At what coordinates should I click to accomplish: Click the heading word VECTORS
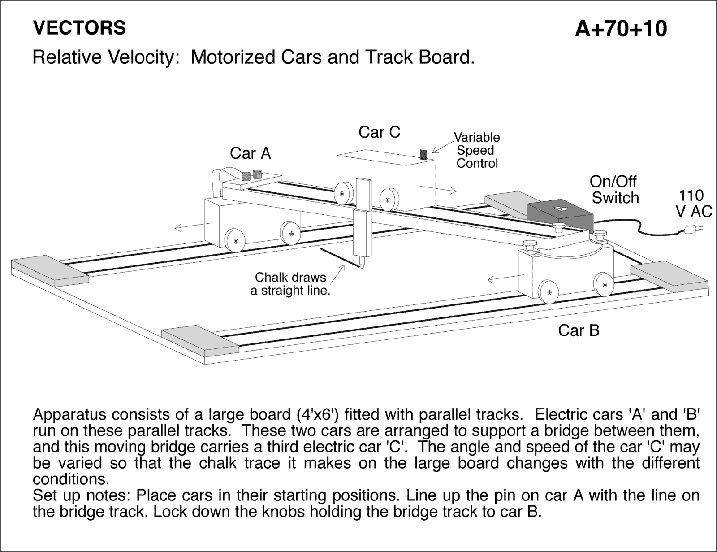pos(79,28)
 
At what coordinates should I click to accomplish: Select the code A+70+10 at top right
pos(621,29)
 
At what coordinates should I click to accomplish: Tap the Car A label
pos(250,153)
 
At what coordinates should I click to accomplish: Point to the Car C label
pos(379,132)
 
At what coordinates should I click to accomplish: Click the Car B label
pos(578,330)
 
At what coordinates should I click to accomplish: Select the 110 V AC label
pos(693,203)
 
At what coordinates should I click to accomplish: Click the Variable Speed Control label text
pos(477,150)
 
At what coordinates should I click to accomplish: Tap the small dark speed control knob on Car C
pos(423,154)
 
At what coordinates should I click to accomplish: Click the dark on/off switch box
pos(560,213)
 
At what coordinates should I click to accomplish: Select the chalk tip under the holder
pos(361,266)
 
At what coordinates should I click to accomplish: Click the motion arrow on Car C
pos(439,188)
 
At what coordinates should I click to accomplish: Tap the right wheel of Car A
pos(290,232)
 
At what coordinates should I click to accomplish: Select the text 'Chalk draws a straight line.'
pos(290,284)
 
